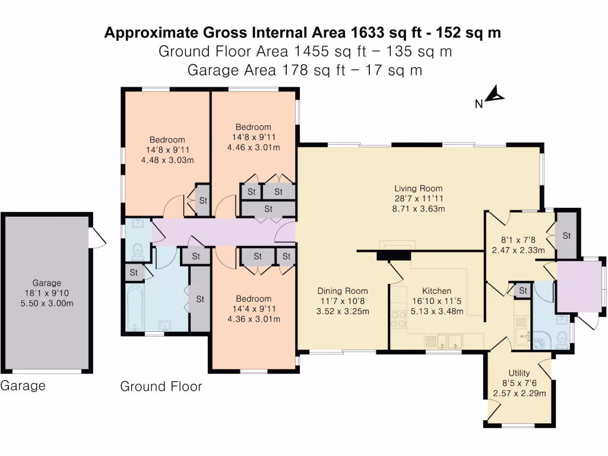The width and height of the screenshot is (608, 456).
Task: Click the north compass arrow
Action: pos(494,95)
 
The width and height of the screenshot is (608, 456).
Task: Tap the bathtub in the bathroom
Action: pos(134,308)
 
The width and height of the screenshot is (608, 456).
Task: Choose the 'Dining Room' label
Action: pos(343,291)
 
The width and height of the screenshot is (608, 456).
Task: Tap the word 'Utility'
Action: pos(519,373)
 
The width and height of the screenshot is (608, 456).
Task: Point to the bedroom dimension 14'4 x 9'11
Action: pos(254,309)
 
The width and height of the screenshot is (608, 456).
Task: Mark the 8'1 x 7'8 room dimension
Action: pos(518,240)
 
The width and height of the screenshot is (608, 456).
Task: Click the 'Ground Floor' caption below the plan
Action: pos(161,387)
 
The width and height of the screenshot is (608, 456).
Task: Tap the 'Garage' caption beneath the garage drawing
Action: pos(23,386)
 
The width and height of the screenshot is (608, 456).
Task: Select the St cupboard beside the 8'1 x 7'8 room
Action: pos(566,236)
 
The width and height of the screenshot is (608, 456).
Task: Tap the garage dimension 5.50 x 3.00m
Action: pos(47,303)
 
